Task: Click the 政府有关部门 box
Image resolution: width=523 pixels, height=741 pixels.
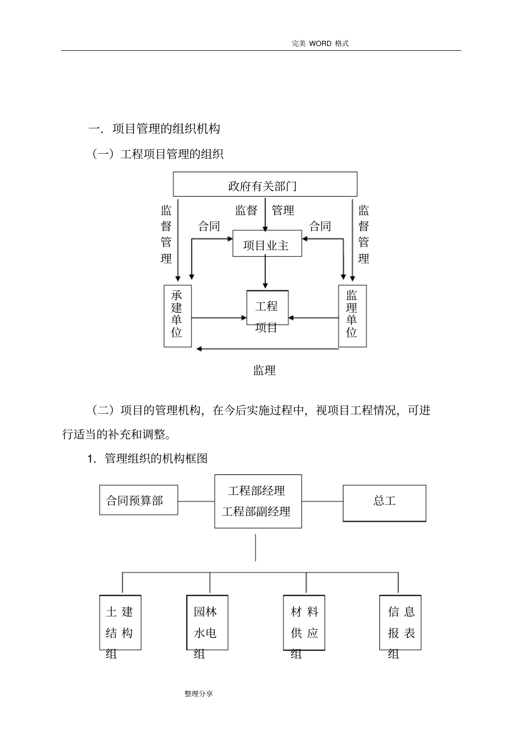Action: tap(265, 185)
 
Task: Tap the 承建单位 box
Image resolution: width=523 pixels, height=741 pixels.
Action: tap(177, 316)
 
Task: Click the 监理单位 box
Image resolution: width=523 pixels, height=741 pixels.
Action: tap(352, 316)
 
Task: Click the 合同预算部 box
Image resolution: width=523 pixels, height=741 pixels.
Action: tap(138, 500)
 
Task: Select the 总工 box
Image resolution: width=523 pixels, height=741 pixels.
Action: tap(384, 502)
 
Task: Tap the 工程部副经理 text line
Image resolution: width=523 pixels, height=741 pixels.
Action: tap(257, 512)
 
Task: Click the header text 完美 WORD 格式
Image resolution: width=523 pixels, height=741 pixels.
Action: tap(320, 44)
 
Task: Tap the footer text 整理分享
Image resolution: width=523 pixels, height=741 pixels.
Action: tap(199, 694)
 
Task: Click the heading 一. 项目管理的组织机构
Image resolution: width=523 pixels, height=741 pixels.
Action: tap(155, 129)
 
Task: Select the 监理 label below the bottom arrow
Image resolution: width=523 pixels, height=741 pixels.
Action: tap(265, 371)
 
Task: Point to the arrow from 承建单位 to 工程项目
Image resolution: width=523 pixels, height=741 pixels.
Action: tap(219, 318)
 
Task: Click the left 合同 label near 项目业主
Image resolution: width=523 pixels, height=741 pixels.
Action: tap(209, 226)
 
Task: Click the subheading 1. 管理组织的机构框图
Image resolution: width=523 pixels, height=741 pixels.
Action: tap(148, 458)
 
